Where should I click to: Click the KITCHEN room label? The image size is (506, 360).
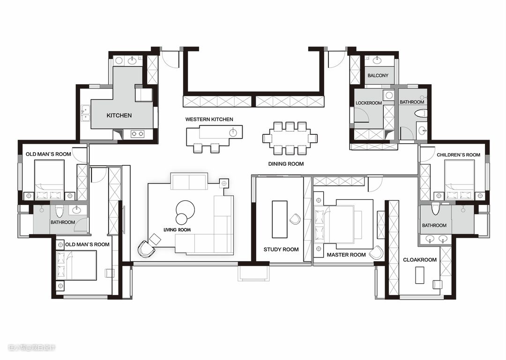tap(119, 116)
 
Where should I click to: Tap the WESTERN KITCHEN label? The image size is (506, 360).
tap(209, 119)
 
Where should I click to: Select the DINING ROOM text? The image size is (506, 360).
tap(286, 164)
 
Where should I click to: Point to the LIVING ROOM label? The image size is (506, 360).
tap(177, 230)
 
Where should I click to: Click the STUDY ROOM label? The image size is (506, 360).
tap(281, 250)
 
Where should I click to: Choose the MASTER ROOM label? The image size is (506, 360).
tap(346, 255)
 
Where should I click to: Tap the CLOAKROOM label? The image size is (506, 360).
tap(420, 260)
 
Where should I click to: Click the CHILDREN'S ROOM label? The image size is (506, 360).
tap(459, 155)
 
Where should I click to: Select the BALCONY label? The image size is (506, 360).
tap(378, 75)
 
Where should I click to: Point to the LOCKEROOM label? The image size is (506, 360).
tap(369, 103)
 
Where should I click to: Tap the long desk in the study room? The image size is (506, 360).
tap(279, 219)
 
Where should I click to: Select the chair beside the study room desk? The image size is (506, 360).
tap(295, 219)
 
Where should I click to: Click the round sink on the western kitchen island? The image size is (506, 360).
tap(233, 132)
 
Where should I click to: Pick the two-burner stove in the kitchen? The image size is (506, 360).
tap(137, 134)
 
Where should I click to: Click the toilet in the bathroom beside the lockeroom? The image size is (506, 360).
tap(420, 114)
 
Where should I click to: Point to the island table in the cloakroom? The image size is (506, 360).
tap(419, 275)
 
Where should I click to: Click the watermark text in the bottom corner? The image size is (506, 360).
tap(32, 347)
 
